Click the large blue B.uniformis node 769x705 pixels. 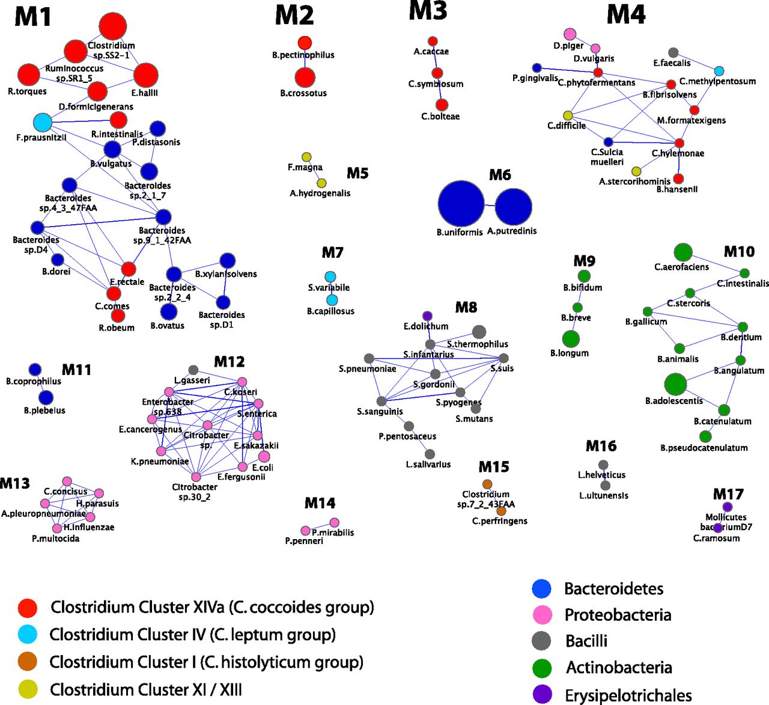(461, 204)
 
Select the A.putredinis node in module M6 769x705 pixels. (513, 206)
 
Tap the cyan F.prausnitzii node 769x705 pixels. (43, 123)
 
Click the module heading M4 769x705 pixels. (626, 14)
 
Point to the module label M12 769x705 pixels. (229, 362)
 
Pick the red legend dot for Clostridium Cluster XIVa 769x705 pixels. (28, 608)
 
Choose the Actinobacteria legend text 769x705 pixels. (619, 668)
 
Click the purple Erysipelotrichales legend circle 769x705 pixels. (542, 694)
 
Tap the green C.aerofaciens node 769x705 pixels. (682, 252)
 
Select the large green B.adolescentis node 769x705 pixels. (675, 384)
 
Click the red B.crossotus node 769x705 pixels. (305, 78)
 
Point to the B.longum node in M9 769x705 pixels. (571, 339)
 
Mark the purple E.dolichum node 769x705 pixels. (427, 316)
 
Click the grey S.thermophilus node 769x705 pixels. (479, 332)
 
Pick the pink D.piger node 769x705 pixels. (570, 35)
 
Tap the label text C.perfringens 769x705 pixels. (499, 521)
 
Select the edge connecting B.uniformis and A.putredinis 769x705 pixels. (490, 206)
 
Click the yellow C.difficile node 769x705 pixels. (568, 115)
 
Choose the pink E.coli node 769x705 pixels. (264, 457)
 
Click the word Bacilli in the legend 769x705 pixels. (586, 641)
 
